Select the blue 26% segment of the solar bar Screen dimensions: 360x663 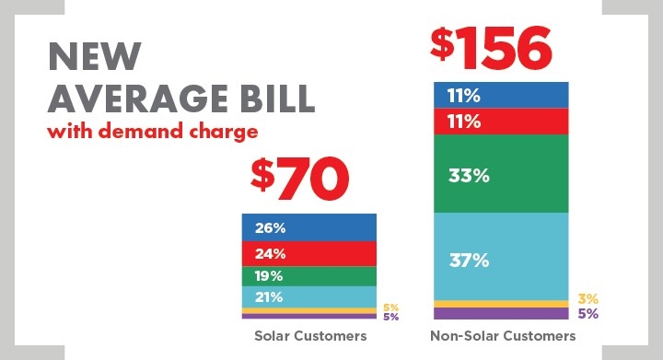pyautogui.click(x=309, y=226)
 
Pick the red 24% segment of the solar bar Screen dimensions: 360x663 pyautogui.click(x=309, y=253)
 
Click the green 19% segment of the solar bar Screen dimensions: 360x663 pyautogui.click(x=309, y=276)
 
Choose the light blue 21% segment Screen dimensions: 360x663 pyautogui.click(x=309, y=296)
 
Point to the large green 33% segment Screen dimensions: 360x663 pyautogui.click(x=502, y=174)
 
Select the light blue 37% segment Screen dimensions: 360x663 pyautogui.click(x=502, y=261)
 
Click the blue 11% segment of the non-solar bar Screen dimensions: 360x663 pyautogui.click(x=502, y=95)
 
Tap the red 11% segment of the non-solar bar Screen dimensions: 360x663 pyautogui.click(x=502, y=121)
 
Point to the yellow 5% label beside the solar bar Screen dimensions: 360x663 pyautogui.click(x=390, y=308)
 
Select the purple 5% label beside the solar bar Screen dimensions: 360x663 pyautogui.click(x=390, y=318)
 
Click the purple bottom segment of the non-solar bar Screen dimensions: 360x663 pyautogui.click(x=502, y=313)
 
